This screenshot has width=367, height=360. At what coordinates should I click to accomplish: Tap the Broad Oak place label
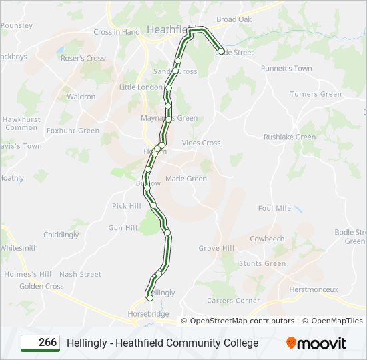[x=234, y=19]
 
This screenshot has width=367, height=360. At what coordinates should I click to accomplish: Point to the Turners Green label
[x=316, y=94]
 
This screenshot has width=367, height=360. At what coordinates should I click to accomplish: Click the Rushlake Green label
[x=290, y=137]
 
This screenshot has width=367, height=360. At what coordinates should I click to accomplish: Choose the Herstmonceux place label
[x=314, y=289]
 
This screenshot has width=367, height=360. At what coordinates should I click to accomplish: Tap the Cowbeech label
[x=267, y=239]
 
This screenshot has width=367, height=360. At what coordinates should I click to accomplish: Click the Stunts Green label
[x=262, y=263]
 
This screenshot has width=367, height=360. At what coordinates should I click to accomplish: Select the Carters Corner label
[x=233, y=301]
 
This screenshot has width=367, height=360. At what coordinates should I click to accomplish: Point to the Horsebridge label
[x=149, y=313]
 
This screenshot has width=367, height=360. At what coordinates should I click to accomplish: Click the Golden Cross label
[x=41, y=286]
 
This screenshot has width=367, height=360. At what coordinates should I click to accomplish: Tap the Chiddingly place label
[x=61, y=235]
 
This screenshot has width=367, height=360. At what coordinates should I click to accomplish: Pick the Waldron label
[x=81, y=97]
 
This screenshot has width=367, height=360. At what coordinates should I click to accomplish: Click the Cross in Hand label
[x=117, y=32]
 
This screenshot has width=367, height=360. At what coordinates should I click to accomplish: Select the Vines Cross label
[x=201, y=143]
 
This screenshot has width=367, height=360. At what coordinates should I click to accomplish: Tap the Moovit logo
[x=316, y=343]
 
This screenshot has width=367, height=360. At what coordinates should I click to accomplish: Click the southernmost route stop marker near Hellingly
[x=149, y=298]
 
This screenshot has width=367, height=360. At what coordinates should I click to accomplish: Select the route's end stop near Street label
[x=221, y=51]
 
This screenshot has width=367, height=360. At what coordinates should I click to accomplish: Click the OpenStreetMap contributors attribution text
[x=242, y=321]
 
